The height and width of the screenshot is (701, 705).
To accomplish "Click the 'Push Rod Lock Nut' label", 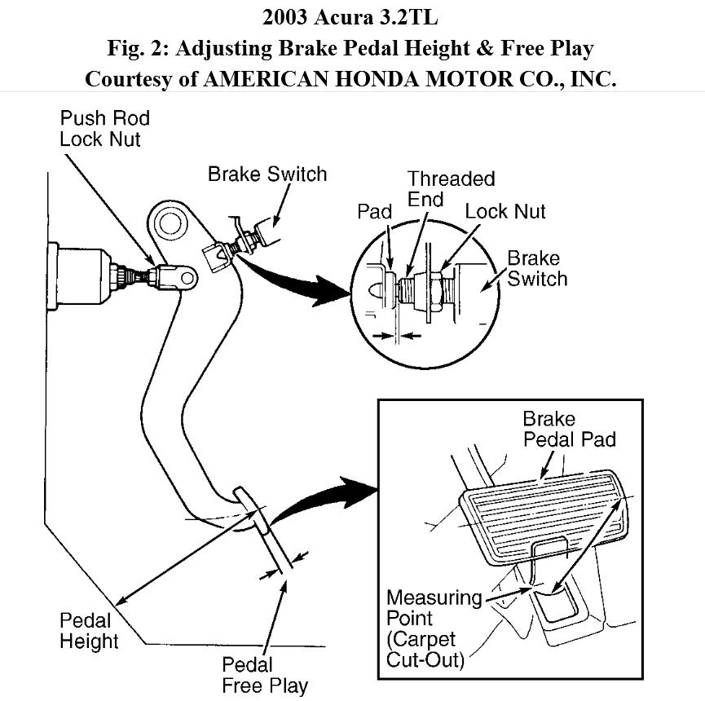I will [x=104, y=128].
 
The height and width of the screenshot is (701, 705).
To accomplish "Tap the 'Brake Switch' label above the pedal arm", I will [x=267, y=174].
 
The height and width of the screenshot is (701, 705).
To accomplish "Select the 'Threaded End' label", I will [x=451, y=188].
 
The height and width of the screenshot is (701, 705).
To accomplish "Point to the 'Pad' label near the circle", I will [x=375, y=212].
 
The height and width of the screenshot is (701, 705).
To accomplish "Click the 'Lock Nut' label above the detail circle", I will [x=505, y=212].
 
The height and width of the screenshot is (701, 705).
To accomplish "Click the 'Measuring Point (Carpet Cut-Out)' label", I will [x=434, y=628].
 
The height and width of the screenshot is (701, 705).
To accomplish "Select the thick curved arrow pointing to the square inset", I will [x=326, y=500].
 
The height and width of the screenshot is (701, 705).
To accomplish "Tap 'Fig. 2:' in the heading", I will [x=139, y=47].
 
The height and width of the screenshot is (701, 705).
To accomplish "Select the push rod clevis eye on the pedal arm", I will [x=185, y=279].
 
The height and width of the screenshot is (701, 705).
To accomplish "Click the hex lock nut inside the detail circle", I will [x=438, y=291].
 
